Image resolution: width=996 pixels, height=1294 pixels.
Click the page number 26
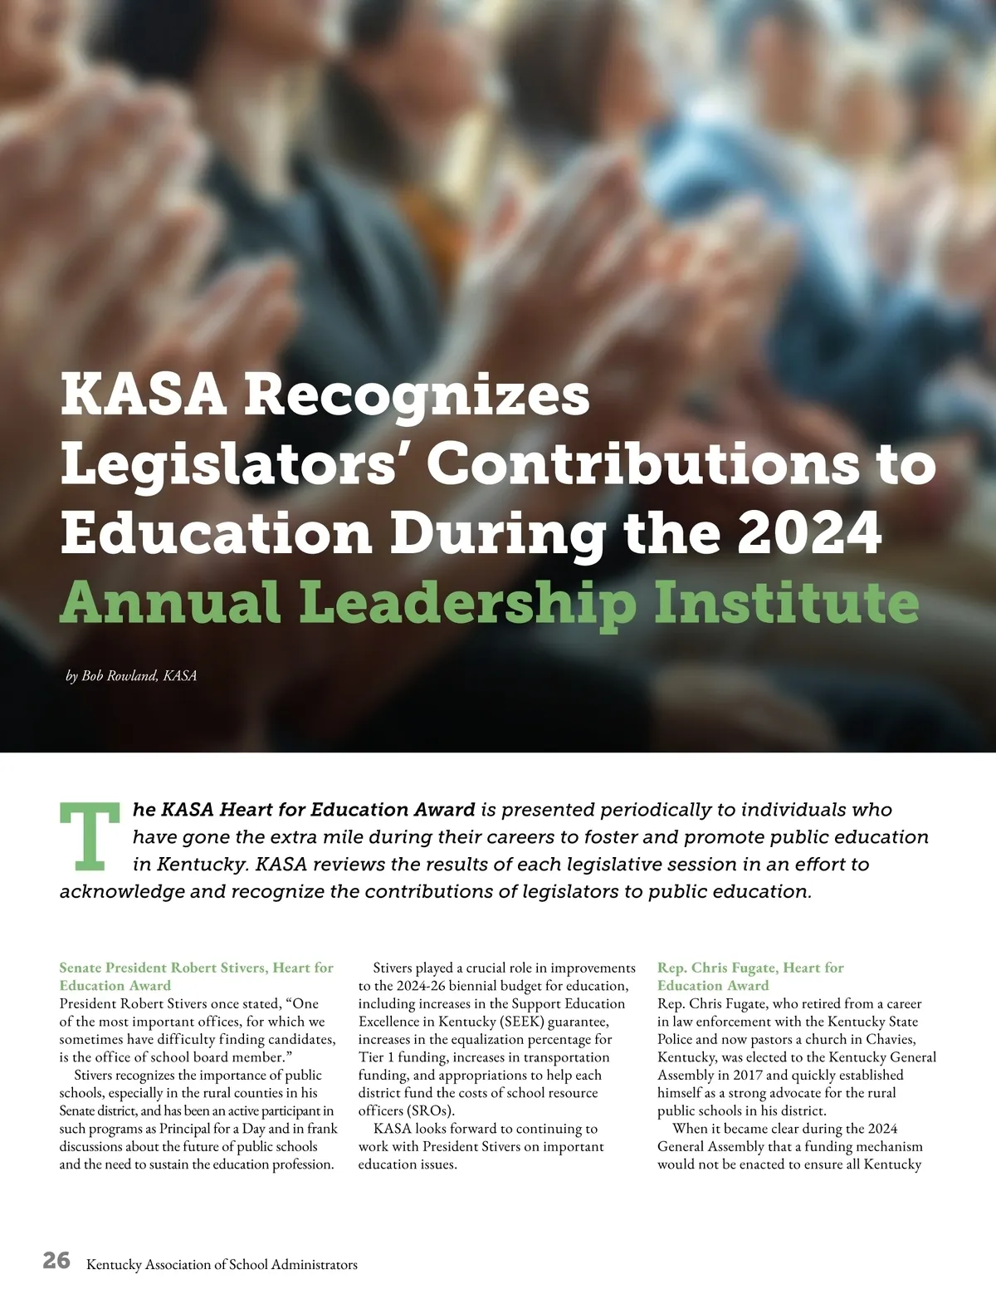tap(57, 1261)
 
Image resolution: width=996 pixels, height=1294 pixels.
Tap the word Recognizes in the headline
tap(416, 395)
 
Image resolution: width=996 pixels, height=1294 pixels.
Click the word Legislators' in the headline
tap(236, 465)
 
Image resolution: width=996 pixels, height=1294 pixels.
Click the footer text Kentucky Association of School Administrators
tap(222, 1265)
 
